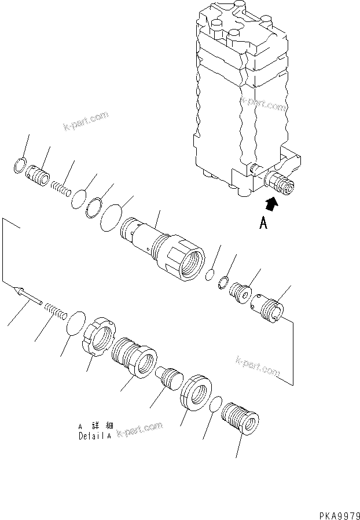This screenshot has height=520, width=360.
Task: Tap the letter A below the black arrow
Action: point(263,224)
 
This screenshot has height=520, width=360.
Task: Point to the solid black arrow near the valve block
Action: point(270,203)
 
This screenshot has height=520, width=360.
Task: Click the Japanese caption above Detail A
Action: point(94,427)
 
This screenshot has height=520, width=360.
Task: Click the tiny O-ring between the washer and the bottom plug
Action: point(215,405)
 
